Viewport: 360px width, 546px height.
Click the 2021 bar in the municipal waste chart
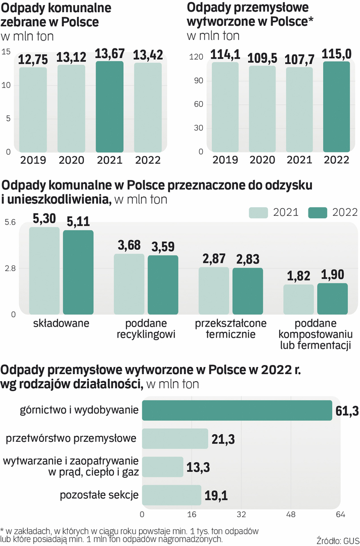coord(109,107)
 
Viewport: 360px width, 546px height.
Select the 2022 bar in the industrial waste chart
coord(336,107)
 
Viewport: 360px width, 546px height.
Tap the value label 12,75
coord(33,60)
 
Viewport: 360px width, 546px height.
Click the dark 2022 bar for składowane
coord(78,272)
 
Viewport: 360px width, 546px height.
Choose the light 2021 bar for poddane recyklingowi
coord(129,284)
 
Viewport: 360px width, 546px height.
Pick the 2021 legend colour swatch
coord(258,212)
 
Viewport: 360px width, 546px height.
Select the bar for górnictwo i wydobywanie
coord(237,411)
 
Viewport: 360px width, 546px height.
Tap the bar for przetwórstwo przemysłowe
coord(175,439)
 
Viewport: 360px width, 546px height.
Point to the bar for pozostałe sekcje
coord(171,495)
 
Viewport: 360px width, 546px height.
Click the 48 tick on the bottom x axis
coord(291,515)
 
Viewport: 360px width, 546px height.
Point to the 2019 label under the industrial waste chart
coord(225,160)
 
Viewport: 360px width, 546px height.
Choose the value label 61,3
coord(347,411)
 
